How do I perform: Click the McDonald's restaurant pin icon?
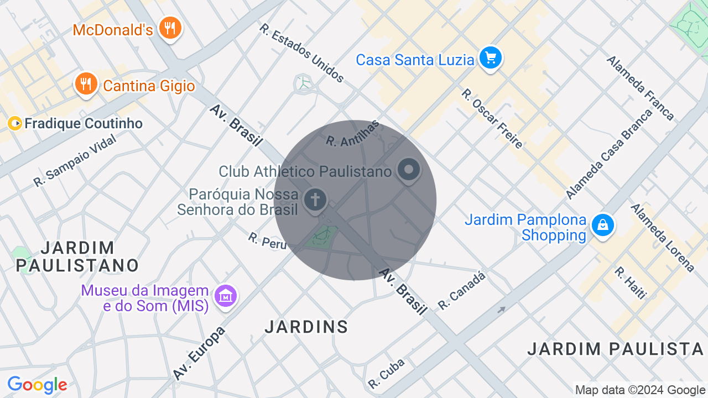pyautogui.click(x=170, y=28)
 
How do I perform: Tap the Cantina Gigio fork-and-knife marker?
pyautogui.click(x=86, y=85)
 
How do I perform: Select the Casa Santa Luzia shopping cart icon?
pyautogui.click(x=490, y=58)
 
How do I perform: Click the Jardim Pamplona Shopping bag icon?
pyautogui.click(x=602, y=226)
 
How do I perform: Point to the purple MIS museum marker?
pyautogui.click(x=226, y=297)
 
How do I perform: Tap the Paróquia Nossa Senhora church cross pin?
pyautogui.click(x=315, y=200)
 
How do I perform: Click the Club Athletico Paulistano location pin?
pyautogui.click(x=409, y=170)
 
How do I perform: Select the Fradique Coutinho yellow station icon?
pyautogui.click(x=15, y=123)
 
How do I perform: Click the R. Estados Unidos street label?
pyautogui.click(x=302, y=53)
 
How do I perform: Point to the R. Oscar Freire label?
pyautogui.click(x=492, y=119)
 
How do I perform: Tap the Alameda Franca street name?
pyautogui.click(x=641, y=88)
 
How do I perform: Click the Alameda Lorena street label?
pyautogui.click(x=663, y=238)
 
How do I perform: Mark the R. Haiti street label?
pyautogui.click(x=630, y=283)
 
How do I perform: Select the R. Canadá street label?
pyautogui.click(x=461, y=290)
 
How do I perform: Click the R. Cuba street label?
pyautogui.click(x=387, y=373)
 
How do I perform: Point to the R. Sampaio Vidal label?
pyautogui.click(x=75, y=161)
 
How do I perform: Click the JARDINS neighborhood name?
pyautogui.click(x=306, y=327)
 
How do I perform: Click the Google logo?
pyautogui.click(x=37, y=385)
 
